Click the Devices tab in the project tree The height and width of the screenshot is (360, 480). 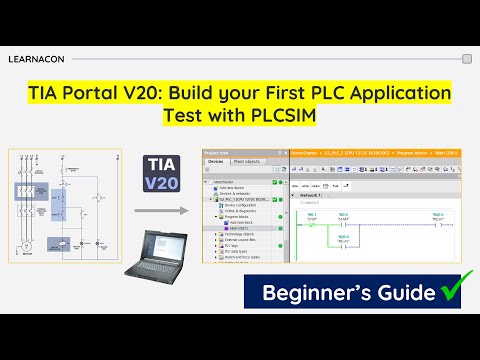tap(217, 160)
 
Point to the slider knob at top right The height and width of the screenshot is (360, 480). tap(466, 59)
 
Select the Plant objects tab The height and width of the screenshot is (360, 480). tap(250, 160)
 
